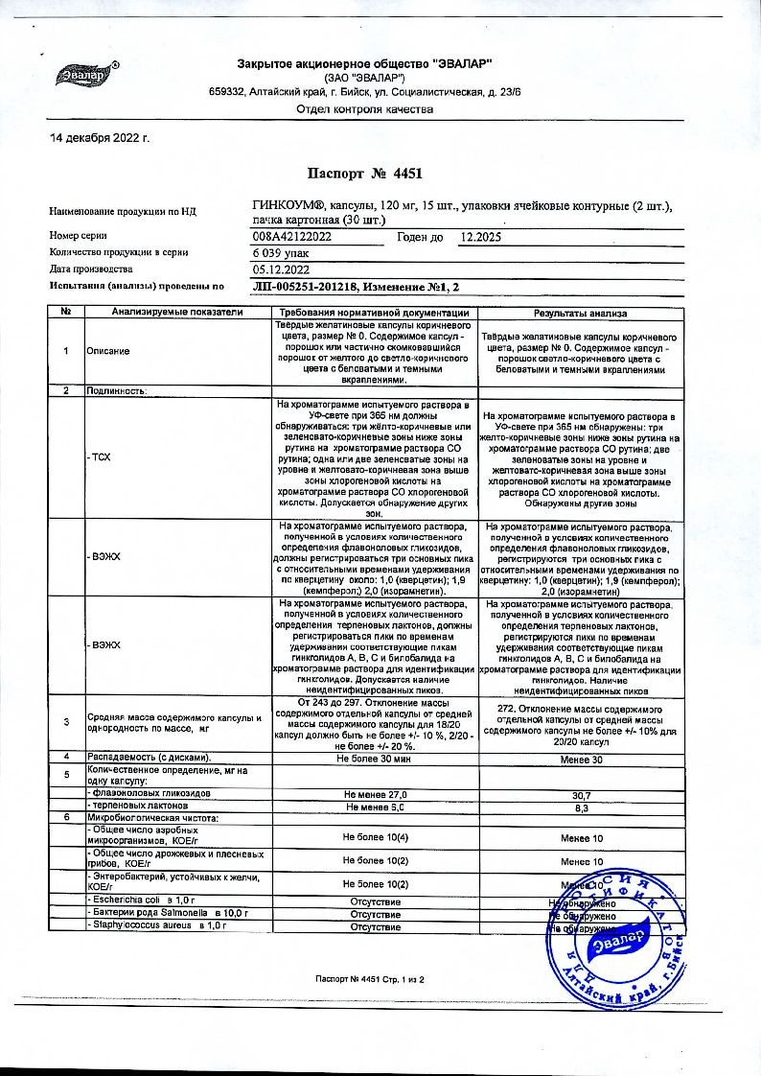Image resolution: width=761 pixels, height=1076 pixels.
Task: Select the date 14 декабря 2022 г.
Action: (101, 138)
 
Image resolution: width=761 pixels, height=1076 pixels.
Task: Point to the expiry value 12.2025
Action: (480, 236)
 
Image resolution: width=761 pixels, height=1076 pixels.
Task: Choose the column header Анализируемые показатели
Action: (177, 313)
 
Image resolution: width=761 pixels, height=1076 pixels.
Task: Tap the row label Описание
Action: (107, 351)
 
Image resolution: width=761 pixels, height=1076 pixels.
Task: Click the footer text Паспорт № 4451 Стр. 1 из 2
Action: (369, 978)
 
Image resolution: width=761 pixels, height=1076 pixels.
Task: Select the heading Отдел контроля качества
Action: (365, 109)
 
